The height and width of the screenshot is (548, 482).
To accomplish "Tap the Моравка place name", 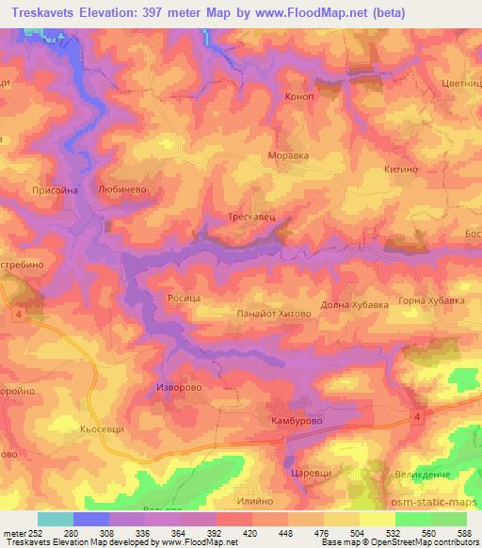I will coord(289,155).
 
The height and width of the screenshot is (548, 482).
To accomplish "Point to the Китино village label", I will coord(400,169).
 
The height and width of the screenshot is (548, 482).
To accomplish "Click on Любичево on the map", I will coord(122,188).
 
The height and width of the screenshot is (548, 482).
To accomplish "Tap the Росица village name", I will coord(184,296).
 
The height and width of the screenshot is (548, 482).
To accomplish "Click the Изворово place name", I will coord(179,387).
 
